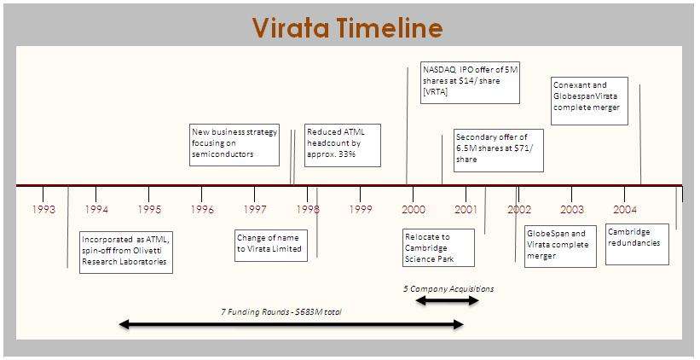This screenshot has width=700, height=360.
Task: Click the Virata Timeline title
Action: tap(347, 27)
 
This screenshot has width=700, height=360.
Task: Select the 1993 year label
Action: tap(43, 210)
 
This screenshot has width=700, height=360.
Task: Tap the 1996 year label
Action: tap(202, 210)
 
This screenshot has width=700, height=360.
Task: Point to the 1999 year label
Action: tap(361, 210)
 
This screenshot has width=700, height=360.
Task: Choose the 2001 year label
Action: tap(466, 210)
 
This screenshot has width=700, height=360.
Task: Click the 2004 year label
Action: tap(625, 210)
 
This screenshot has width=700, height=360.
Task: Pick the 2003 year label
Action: tap(572, 210)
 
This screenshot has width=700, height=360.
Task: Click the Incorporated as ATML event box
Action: tap(126, 252)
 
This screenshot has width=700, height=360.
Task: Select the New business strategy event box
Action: tap(234, 145)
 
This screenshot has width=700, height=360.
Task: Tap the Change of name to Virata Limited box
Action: tap(271, 245)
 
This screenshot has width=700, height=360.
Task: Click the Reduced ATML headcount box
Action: tap(343, 145)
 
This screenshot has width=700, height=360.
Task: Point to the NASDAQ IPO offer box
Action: tap(470, 83)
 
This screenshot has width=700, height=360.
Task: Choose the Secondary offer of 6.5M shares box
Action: tap(499, 150)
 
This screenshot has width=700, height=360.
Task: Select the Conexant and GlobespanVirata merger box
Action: tap(589, 101)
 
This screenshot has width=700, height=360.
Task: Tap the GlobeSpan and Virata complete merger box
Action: tap(560, 246)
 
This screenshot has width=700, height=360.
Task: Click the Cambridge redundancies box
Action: tap(637, 244)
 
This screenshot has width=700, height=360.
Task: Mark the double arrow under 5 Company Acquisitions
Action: tap(448, 300)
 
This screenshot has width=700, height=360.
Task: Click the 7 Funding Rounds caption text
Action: tap(281, 312)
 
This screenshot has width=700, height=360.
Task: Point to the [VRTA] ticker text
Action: tap(436, 92)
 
